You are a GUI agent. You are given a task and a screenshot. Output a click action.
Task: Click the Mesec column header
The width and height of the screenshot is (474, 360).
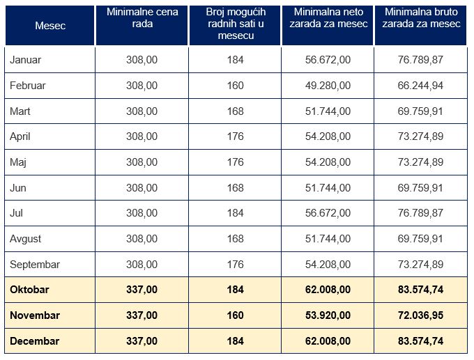point(50,25)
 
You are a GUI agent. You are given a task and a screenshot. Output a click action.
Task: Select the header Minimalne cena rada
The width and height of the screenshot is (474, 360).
point(142,18)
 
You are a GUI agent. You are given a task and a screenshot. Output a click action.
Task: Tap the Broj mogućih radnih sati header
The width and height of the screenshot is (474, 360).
point(235,24)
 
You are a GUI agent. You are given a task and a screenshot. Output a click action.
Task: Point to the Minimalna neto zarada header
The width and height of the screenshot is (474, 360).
point(328,18)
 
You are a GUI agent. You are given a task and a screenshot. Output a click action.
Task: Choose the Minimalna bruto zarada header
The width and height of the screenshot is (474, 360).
point(421,18)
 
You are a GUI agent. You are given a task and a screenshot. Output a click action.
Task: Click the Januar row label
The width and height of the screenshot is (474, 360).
point(26,60)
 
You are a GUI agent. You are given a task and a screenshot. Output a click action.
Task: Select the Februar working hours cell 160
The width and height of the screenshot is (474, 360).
point(235,86)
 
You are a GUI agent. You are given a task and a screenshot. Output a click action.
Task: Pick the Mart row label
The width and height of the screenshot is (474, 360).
point(20,111)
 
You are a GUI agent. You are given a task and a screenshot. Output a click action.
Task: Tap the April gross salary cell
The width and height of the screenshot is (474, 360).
point(421,136)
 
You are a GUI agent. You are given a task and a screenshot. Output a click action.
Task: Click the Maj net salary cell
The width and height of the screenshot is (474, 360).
point(328,162)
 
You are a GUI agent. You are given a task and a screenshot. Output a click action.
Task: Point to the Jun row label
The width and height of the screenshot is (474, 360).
point(19,187)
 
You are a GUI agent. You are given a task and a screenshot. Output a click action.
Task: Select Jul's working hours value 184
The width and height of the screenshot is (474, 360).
point(235,213)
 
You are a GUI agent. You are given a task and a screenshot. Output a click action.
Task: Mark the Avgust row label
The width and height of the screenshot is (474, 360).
point(26,239)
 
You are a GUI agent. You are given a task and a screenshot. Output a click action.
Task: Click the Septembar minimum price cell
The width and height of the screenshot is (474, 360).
point(142,265)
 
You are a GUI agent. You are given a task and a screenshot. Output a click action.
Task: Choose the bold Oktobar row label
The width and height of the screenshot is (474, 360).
point(29,290)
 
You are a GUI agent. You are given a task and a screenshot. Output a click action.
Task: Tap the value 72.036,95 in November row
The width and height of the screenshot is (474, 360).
point(421,315)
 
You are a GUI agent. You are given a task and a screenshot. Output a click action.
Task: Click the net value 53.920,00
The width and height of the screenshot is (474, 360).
point(328,315)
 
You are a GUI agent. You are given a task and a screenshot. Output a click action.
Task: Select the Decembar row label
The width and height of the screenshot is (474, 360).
point(34,341)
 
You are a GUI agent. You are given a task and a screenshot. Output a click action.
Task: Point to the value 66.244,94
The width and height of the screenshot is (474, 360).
point(421,86)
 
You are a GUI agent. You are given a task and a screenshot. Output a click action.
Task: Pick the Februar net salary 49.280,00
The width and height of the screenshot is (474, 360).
point(328,86)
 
